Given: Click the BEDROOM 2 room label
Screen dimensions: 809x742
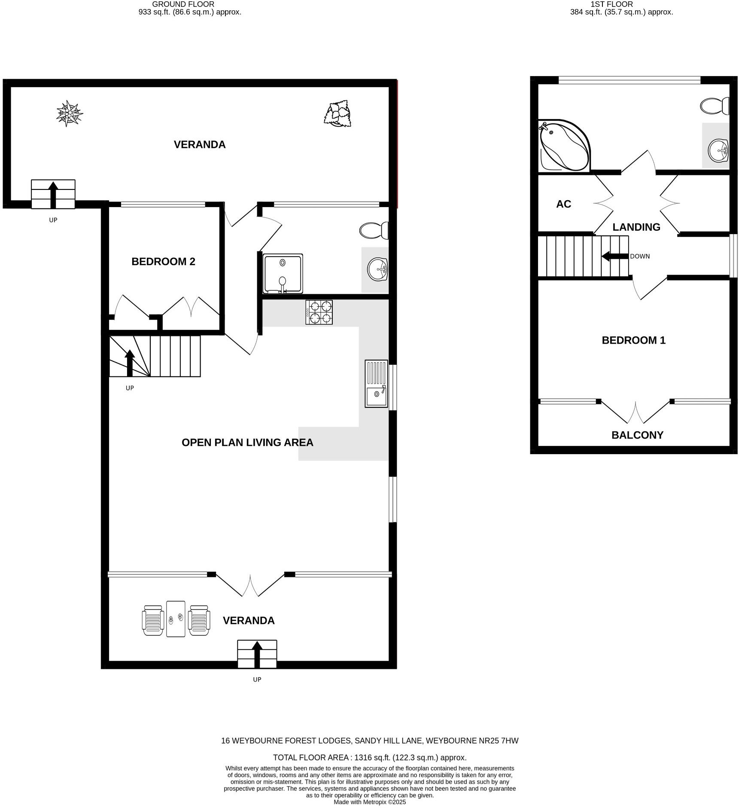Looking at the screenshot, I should pos(163,262).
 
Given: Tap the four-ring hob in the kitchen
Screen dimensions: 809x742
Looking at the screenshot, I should pos(319,312).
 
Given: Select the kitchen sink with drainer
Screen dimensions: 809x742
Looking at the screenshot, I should pos(376,384).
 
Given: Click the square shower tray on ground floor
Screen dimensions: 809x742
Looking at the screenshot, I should pos(283,274).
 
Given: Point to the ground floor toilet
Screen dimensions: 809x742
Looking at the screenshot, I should pos(374,231).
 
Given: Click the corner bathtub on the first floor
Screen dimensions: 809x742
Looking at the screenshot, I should pos(563,145).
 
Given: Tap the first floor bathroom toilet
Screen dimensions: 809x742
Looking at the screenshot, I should pos(715,106).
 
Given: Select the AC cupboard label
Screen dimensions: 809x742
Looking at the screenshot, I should pos(563,204).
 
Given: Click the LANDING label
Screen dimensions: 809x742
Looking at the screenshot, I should pos(636,227).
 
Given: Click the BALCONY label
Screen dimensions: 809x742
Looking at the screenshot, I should pos(637,435).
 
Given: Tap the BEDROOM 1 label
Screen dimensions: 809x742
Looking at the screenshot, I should pos(633,340).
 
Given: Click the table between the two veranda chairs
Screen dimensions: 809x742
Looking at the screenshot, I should pos(176,619).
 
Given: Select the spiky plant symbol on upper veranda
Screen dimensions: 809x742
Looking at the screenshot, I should pos(69,113).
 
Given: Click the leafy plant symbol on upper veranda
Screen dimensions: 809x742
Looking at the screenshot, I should pos(338,114).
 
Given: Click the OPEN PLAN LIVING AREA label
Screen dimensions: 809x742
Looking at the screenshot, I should pos(247,443).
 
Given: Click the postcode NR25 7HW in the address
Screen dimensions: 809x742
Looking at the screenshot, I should pos(499,741).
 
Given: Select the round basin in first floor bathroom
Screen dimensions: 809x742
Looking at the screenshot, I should pos(718,150).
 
